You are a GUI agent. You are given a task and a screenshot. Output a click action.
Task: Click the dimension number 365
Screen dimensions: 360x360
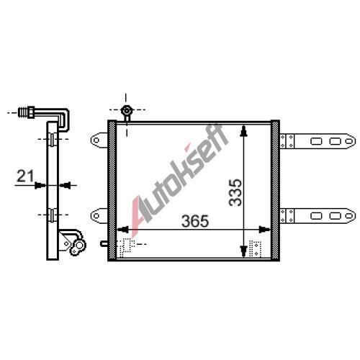(x=195, y=221)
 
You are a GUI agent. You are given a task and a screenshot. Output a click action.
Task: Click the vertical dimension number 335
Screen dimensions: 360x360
(x=235, y=192)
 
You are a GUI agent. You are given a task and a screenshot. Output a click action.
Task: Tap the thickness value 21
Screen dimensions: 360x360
(x=25, y=176)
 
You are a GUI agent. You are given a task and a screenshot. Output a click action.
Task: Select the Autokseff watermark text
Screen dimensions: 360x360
(x=180, y=179)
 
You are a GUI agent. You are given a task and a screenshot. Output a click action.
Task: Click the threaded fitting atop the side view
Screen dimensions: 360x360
(x=27, y=112)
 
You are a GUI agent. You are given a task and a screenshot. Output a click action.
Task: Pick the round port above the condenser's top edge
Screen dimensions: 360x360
(x=126, y=111)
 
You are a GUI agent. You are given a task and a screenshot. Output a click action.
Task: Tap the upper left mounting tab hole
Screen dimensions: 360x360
(x=96, y=140)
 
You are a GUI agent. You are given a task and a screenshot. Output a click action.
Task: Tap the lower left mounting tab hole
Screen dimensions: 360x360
(x=96, y=215)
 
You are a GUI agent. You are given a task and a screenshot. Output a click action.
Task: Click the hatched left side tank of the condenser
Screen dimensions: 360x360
(x=112, y=190)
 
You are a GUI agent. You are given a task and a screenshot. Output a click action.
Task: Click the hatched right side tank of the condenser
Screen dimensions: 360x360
(x=275, y=190)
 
